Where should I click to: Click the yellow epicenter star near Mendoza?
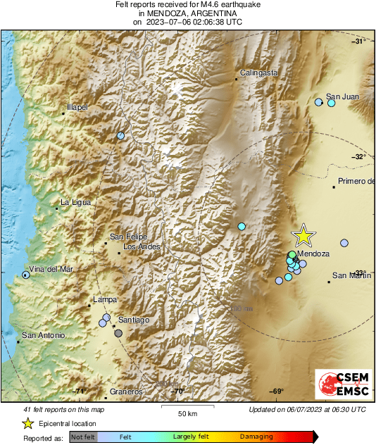(x=303, y=236)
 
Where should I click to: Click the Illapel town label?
(x=77, y=107)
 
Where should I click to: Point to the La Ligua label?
(x=75, y=202)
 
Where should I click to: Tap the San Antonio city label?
(x=44, y=335)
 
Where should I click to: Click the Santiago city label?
(x=134, y=320)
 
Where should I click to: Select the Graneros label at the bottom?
(x=127, y=391)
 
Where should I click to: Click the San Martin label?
(x=351, y=275)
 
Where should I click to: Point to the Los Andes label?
(x=142, y=246)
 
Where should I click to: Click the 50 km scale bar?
(x=186, y=407)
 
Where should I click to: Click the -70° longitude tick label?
(x=178, y=391)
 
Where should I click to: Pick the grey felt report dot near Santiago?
(x=118, y=333)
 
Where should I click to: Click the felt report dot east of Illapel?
(x=121, y=135)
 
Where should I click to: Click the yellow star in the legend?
(x=27, y=423)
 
